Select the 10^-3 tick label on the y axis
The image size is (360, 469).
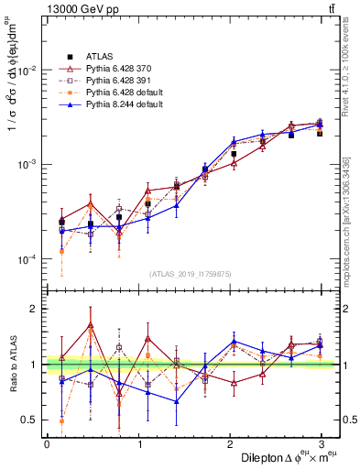click(27, 165)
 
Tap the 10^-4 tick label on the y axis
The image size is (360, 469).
click(27, 260)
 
